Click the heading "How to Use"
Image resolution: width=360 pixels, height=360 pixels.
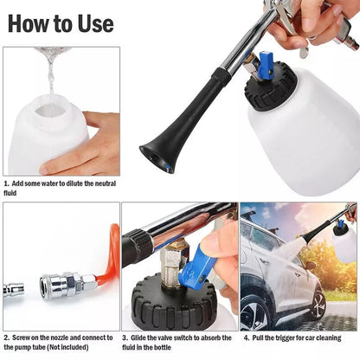(61, 23)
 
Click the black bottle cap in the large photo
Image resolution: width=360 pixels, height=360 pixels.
(269, 87)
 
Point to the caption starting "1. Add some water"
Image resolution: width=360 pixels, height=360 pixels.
(60, 187)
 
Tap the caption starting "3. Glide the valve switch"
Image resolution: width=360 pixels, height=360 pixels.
(177, 342)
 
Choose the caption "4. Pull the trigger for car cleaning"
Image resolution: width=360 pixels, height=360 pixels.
(299, 337)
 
